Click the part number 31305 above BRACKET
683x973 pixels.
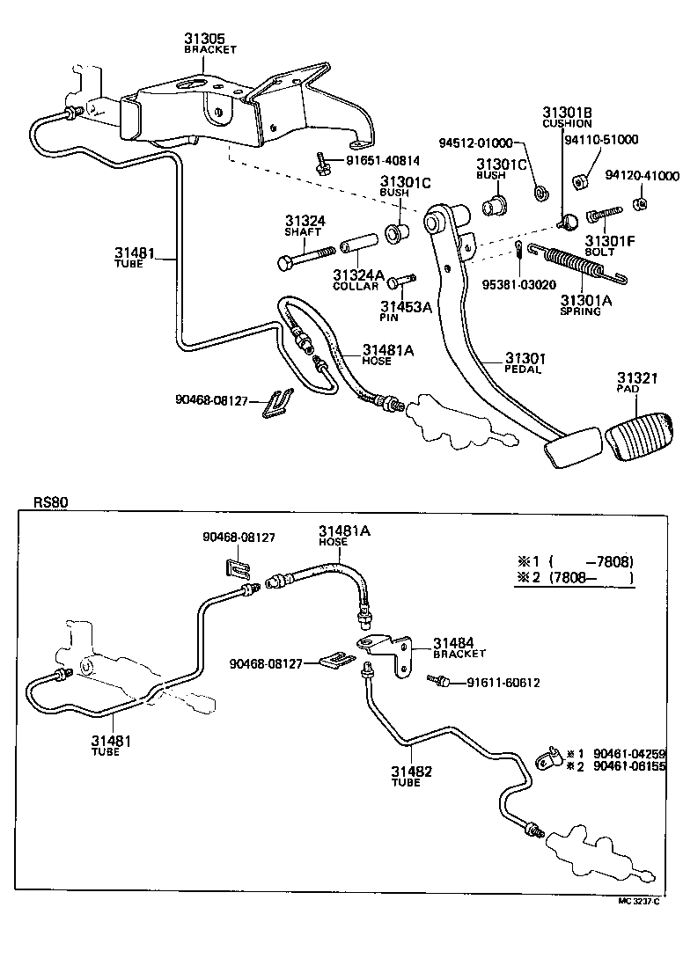pos(204,39)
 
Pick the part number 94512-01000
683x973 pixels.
pos(476,143)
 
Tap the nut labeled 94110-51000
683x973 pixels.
pos(580,182)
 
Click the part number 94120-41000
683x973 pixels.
pos(642,176)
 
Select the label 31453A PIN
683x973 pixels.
pos(406,311)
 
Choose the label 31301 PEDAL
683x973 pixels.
pos(525,363)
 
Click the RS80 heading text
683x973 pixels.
pos(50,502)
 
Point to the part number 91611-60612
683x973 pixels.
pos(503,683)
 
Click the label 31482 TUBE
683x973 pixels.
pos(412,776)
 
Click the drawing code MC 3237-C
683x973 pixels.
pos(639,900)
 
